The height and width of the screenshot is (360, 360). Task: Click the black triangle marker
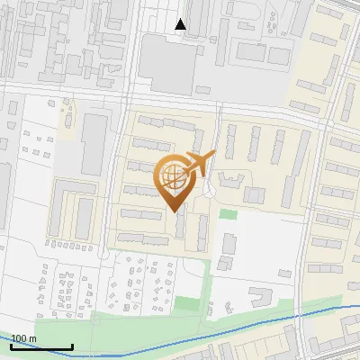point(181,24)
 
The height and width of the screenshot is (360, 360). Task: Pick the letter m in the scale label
point(33,339)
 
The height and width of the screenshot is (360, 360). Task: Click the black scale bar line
point(41,347)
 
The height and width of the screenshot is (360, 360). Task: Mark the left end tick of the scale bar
point(12,346)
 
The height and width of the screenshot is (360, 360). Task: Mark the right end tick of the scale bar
point(72,346)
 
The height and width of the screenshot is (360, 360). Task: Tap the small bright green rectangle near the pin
point(229,214)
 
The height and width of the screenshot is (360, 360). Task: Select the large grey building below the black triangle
point(169,66)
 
